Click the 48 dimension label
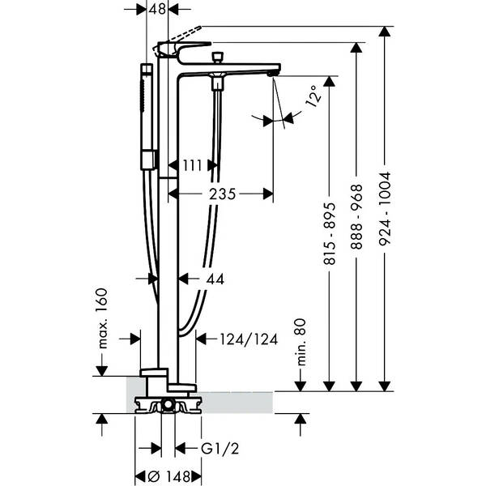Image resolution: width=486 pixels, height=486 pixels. (x=157, y=9)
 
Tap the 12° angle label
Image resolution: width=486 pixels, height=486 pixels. (x=313, y=96)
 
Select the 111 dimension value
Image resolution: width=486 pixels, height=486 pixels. (x=192, y=165)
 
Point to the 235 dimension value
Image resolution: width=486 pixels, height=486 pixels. (x=222, y=194)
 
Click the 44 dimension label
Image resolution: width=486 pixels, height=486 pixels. (x=215, y=279)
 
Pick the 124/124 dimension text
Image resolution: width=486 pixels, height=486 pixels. (x=249, y=339)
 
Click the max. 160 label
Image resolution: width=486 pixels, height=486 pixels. (x=102, y=318)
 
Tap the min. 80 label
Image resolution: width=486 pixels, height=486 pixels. (x=301, y=342)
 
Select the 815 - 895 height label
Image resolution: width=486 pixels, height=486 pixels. (x=329, y=234)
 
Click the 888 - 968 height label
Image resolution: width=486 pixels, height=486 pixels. (x=356, y=217)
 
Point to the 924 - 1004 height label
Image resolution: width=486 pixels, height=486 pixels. (x=385, y=209)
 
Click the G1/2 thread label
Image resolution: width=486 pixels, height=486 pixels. (x=220, y=449)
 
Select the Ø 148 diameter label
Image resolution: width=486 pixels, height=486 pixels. (x=169, y=476)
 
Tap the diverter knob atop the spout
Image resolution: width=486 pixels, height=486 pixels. (x=217, y=58)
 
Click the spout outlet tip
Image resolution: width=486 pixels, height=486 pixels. (x=272, y=74)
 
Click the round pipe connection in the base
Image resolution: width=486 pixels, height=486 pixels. (x=168, y=404)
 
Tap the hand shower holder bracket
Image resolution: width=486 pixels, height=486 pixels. (x=150, y=160)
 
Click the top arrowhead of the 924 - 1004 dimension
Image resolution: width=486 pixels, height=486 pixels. (x=385, y=32)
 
